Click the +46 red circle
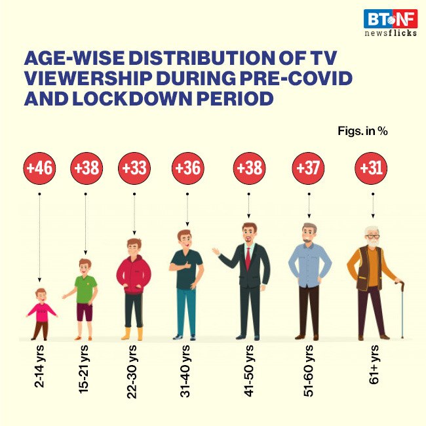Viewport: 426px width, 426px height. tap(40, 168)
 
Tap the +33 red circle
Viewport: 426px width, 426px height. tap(134, 168)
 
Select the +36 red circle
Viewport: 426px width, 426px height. tap(187, 168)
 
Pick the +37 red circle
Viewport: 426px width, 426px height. tap(308, 168)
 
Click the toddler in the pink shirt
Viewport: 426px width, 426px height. tap(41, 313)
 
